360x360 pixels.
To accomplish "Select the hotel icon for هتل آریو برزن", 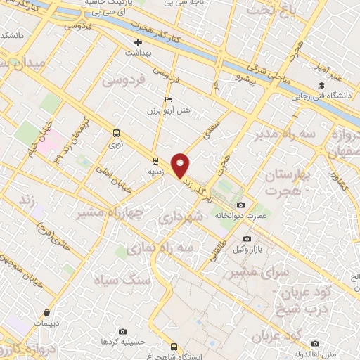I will point(167,100).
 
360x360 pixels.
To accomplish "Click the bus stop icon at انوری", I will point(116,132).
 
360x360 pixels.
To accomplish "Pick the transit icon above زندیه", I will point(155,160).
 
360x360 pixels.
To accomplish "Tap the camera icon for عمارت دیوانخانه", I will point(240,205).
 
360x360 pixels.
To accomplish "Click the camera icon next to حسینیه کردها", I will point(123,331).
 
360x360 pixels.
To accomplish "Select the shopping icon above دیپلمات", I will point(46,311).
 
